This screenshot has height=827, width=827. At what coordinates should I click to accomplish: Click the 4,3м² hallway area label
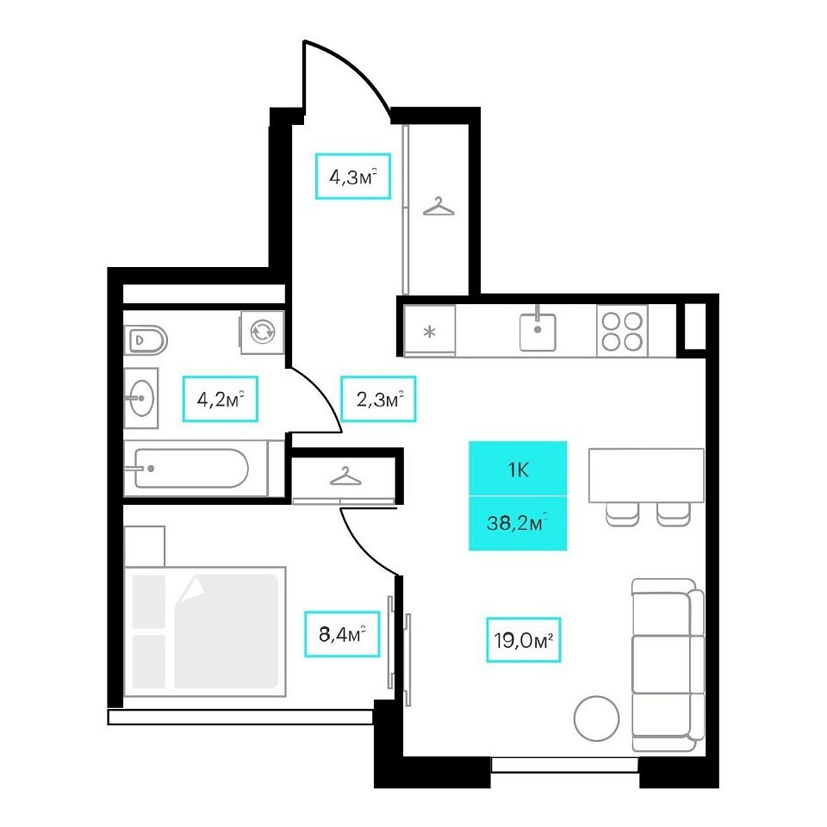tap(353, 176)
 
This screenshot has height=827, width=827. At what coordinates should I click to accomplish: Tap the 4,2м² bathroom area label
tap(220, 399)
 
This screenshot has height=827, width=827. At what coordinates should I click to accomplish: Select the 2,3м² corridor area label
tap(378, 399)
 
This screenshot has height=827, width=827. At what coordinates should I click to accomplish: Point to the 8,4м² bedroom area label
tap(342, 634)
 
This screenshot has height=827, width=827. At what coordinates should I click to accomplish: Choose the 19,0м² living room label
tap(523, 640)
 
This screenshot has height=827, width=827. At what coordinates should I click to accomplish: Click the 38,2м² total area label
tap(518, 524)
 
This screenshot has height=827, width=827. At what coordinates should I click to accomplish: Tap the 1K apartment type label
tap(518, 469)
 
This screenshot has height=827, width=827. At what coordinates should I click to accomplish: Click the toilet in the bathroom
tap(146, 340)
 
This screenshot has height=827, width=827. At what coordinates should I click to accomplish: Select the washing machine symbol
tap(262, 332)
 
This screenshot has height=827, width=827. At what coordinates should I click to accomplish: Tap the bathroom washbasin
tap(140, 398)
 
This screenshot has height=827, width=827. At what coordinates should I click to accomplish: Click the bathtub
tap(196, 468)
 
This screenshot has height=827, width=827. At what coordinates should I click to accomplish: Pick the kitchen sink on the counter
tap(538, 331)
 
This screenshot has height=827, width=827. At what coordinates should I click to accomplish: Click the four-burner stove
tap(622, 331)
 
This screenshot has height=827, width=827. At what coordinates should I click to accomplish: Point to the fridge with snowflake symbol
tap(429, 331)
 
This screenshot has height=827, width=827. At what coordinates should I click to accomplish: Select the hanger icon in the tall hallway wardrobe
tap(438, 206)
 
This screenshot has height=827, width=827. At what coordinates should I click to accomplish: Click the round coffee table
tap(596, 718)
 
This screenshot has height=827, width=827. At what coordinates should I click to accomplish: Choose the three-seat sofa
tap(668, 664)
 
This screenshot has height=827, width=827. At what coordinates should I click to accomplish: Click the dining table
tap(646, 476)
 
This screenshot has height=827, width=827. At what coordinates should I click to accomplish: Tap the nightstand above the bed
tap(144, 546)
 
